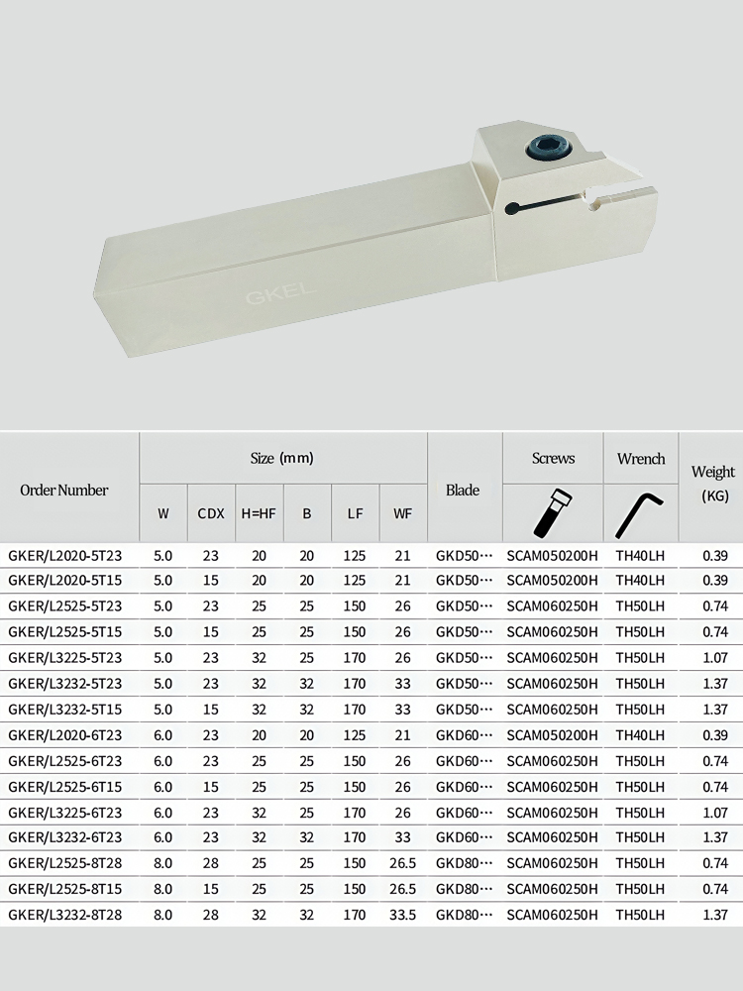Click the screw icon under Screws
(553, 512)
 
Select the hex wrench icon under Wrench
(640, 513)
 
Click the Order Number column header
(64, 490)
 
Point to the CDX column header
(211, 513)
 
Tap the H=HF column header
(259, 513)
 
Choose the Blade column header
(463, 490)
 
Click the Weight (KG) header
(713, 484)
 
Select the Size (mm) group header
(282, 459)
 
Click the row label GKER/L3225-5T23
(65, 658)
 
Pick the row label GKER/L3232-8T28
(65, 915)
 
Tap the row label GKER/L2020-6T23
(65, 735)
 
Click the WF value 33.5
(402, 915)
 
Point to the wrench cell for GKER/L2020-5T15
(640, 581)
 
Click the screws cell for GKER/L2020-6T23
(553, 735)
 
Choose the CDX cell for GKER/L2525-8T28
(211, 863)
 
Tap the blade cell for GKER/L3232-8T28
(464, 915)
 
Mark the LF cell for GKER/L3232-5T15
(355, 710)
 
